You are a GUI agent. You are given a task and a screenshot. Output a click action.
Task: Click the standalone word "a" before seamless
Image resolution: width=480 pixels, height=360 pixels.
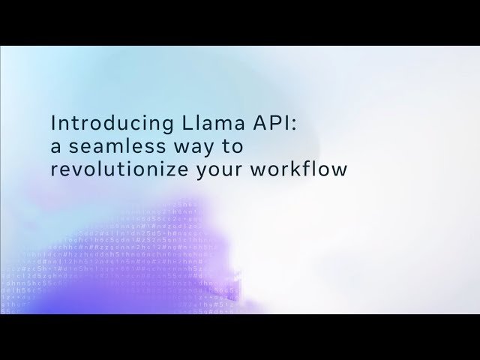55,146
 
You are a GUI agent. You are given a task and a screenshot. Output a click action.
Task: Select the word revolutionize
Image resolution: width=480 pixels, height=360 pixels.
120,169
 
